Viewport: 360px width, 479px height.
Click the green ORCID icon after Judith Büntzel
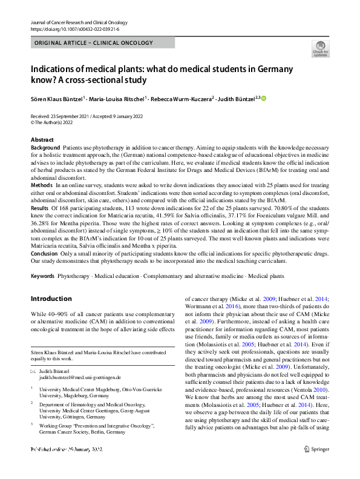264,98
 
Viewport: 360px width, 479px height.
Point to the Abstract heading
42,140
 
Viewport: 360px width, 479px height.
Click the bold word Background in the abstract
45,148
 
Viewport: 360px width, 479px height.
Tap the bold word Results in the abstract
41,207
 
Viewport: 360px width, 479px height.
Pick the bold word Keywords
42,276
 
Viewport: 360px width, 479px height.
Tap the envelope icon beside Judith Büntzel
33,369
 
